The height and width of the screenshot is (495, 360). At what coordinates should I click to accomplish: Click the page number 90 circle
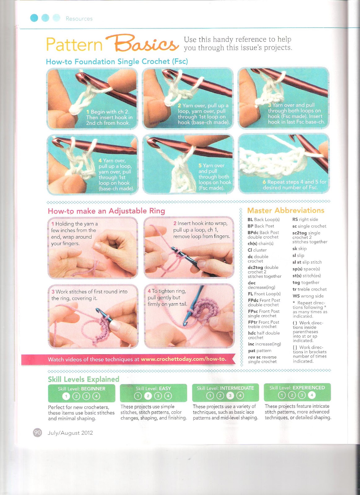pyautogui.click(x=37, y=432)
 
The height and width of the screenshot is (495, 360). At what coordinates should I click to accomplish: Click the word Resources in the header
pyautogui.click(x=79, y=19)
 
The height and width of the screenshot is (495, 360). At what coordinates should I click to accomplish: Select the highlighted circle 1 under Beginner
pyautogui.click(x=66, y=396)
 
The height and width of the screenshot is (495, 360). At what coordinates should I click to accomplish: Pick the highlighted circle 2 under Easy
pyautogui.click(x=148, y=396)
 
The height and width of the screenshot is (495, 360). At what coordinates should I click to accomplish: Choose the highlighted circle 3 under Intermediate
pyautogui.click(x=230, y=395)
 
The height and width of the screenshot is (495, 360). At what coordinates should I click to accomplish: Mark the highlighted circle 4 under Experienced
pyautogui.click(x=312, y=395)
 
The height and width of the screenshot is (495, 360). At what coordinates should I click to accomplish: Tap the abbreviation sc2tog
pyautogui.click(x=299, y=233)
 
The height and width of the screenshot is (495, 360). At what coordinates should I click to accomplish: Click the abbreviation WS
pyautogui.click(x=296, y=296)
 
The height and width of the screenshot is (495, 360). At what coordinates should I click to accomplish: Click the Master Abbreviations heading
pyautogui.click(x=286, y=210)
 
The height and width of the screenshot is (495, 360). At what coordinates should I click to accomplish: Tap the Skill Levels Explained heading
pyautogui.click(x=84, y=379)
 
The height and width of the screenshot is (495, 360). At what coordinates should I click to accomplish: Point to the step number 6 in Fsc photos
pyautogui.click(x=264, y=182)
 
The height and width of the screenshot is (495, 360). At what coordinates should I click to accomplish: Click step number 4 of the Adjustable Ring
pyautogui.click(x=149, y=291)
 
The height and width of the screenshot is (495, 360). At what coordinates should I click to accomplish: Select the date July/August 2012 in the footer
pyautogui.click(x=70, y=433)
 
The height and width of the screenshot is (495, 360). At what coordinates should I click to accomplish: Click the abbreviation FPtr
pyautogui.click(x=253, y=322)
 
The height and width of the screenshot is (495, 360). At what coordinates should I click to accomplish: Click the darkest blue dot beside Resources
pyautogui.click(x=34, y=18)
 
